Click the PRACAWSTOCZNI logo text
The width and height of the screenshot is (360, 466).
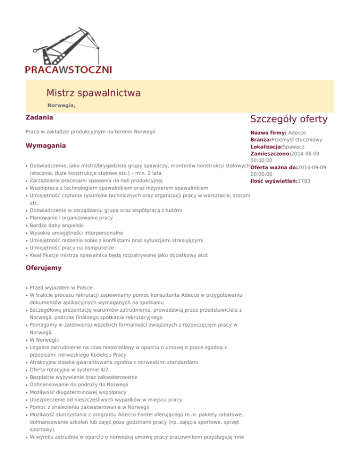[68, 69]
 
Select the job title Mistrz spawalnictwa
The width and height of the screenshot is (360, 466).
[93, 93]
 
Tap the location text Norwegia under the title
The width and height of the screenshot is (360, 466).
[61, 106]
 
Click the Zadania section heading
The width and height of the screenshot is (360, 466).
[39, 117]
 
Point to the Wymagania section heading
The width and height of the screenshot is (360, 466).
[46, 146]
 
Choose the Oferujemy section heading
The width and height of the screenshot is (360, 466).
[43, 268]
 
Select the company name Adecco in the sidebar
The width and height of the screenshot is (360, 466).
[297, 133]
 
